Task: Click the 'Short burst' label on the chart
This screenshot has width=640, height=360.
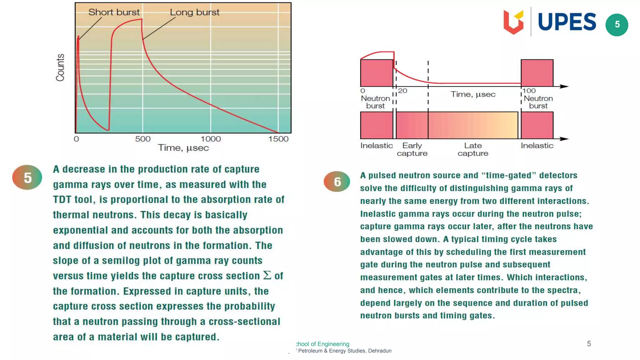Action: (x=114, y=12)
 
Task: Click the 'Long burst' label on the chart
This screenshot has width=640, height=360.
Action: (x=194, y=12)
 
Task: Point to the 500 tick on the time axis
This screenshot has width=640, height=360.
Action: (x=143, y=139)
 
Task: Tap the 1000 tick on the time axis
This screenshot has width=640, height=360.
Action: (x=210, y=139)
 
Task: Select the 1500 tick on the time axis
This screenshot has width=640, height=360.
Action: (x=278, y=139)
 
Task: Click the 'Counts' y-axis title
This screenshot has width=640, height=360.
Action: (x=60, y=67)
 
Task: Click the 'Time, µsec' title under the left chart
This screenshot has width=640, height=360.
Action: (x=183, y=148)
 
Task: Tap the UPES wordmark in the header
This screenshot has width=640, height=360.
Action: (x=567, y=22)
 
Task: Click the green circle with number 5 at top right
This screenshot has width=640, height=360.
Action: (x=617, y=25)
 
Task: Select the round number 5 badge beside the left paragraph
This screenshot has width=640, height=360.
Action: (x=27, y=177)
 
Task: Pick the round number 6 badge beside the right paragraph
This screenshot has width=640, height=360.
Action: (x=337, y=182)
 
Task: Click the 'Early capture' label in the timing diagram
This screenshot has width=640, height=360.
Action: (x=412, y=149)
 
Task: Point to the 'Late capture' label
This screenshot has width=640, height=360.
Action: (x=473, y=149)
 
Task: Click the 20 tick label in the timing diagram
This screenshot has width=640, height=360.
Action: (x=402, y=91)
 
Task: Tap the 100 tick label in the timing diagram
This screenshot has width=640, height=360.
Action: (x=529, y=91)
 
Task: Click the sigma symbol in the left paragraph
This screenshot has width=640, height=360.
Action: (x=267, y=275)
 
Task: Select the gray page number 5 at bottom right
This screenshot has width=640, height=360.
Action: (x=589, y=344)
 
